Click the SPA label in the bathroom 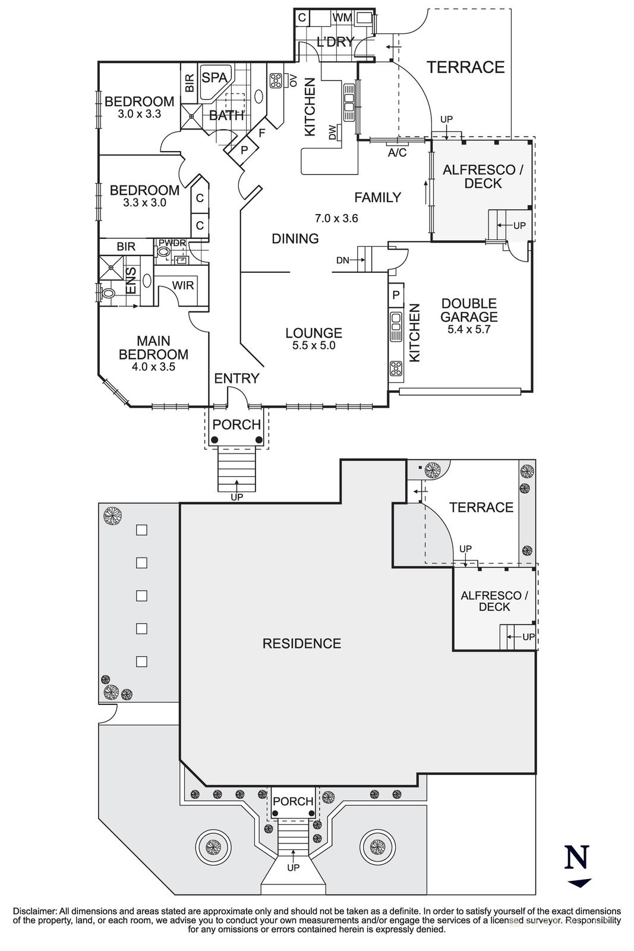pos(215,78)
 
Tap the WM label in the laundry pos(342,18)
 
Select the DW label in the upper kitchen pos(332,132)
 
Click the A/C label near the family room pos(396,153)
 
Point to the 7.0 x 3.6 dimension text pos(336,218)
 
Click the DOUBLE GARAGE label pos(469,310)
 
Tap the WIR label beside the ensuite pos(183,285)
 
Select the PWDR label pos(172,243)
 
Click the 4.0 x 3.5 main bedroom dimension pos(153,367)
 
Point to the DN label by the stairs pos(343,260)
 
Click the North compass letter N pos(577,858)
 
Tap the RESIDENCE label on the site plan pos(302,643)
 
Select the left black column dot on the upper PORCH pos(215,440)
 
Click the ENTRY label pos(236,378)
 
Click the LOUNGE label pos(314,333)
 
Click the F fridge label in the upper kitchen pos(261,133)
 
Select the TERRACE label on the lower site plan pos(481,507)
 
